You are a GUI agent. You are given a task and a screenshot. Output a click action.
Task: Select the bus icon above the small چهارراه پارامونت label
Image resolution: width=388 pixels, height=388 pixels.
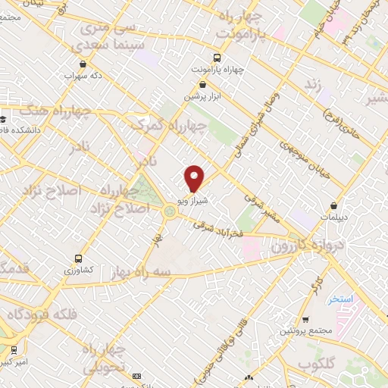[218, 58]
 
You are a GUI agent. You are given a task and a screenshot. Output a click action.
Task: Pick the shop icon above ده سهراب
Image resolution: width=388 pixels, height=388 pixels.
[83, 65]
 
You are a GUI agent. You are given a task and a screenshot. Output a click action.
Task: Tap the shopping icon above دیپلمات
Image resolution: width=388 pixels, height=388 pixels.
[334, 205]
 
